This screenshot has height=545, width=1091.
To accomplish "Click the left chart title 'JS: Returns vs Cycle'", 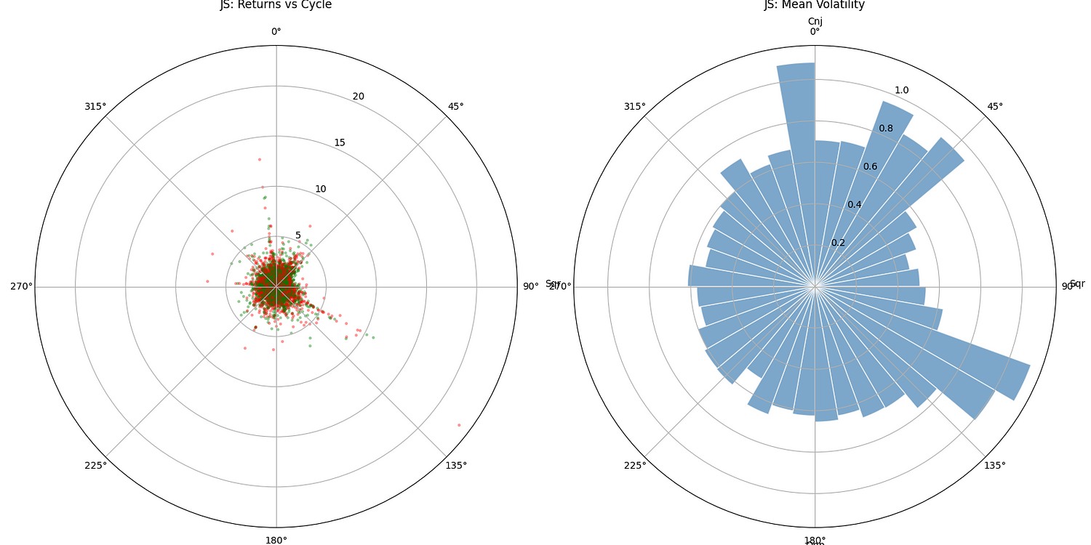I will tap(276, 5).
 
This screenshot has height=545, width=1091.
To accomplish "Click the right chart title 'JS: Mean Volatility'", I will tap(814, 5).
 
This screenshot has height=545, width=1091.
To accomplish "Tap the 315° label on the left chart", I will tap(95, 106).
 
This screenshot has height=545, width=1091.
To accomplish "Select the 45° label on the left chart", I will tap(455, 106).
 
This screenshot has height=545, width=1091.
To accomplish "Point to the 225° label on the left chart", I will tap(95, 465).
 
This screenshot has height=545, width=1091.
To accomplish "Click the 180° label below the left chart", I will tap(276, 540).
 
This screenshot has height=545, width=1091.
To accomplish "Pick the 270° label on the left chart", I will tap(21, 286).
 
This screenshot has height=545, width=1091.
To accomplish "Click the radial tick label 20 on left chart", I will tap(359, 97).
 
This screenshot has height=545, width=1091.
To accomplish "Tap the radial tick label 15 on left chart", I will tap(340, 142).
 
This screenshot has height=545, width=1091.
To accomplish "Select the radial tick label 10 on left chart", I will tap(321, 189).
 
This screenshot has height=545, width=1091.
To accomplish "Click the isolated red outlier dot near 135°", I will tap(459, 424).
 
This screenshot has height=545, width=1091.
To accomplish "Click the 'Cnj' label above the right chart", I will tap(815, 21).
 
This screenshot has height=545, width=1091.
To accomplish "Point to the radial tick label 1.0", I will tap(901, 90).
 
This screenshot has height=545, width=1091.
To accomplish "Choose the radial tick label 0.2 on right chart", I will tap(839, 243).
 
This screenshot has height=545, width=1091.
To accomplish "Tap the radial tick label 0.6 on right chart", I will tap(870, 166).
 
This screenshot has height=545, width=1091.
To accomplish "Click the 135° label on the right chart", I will tap(995, 465).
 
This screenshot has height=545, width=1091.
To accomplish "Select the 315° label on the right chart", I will tap(634, 106).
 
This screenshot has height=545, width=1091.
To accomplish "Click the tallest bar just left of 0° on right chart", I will tap(796, 109).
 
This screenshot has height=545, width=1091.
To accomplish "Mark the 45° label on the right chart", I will tap(995, 106).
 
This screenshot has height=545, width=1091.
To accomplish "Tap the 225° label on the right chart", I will tap(634, 465).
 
